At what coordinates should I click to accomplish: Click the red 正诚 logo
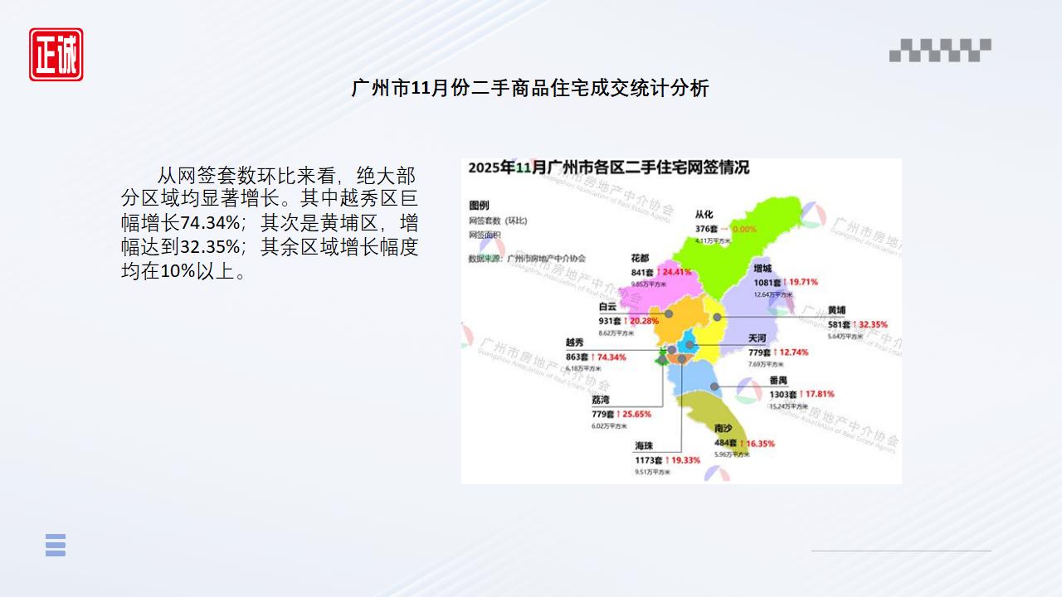[56, 55]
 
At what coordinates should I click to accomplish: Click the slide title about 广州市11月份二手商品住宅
[530, 88]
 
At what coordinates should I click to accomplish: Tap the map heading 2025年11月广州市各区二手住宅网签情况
[608, 167]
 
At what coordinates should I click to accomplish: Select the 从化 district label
[704, 215]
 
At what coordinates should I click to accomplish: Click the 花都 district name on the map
[641, 258]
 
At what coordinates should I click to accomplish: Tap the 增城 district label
[762, 268]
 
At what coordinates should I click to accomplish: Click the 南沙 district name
[723, 429]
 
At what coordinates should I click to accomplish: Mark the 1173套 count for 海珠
[649, 459]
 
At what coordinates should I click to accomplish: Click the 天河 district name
[758, 338]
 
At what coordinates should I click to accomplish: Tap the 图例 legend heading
[479, 205]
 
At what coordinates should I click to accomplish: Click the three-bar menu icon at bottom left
[56, 545]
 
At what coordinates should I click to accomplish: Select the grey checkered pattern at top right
[940, 51]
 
